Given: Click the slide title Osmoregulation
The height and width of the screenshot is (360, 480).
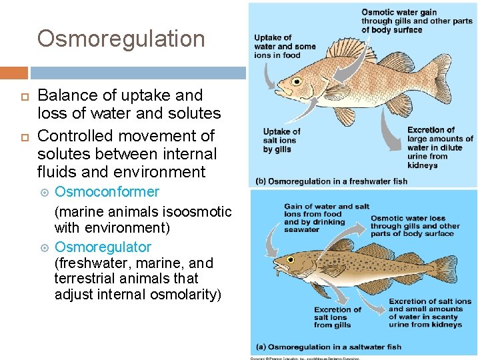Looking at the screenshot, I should point(121,39).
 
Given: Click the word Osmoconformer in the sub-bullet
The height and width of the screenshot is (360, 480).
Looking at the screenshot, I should point(107,192).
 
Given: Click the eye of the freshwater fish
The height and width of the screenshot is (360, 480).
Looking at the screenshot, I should point(295,81).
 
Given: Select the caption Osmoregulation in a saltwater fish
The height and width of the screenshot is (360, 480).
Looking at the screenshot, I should point(329,347).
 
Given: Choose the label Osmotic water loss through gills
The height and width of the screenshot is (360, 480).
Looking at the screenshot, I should point(415,226).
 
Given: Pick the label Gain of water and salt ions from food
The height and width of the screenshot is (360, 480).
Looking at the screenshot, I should point(326,218).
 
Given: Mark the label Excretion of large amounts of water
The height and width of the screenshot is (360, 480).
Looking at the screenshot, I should point(439,147).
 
